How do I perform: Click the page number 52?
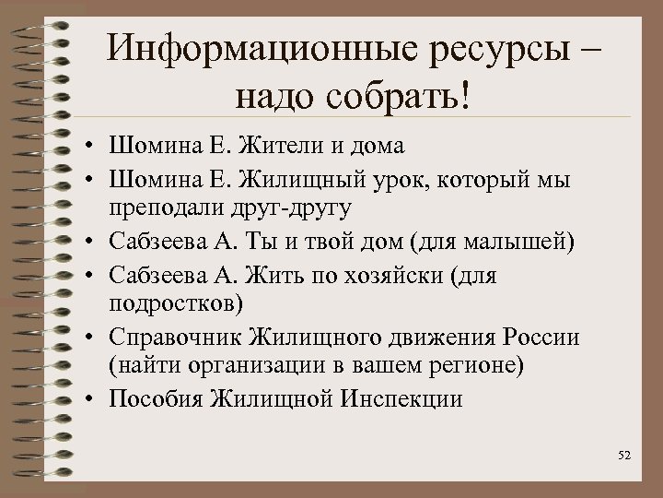[625, 456]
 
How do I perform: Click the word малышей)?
[517, 242]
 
